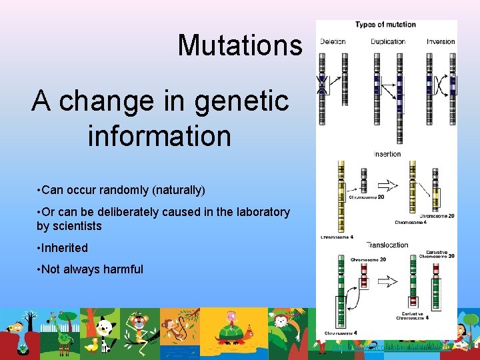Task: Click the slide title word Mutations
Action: click(239, 45)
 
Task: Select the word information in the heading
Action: click(159, 135)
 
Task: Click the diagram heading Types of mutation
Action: click(385, 25)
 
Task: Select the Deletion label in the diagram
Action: click(333, 41)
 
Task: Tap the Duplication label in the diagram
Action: click(388, 41)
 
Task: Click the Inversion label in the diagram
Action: click(441, 41)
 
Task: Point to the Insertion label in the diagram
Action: click(387, 154)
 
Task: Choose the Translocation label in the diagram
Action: click(387, 245)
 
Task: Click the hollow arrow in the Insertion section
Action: click(387, 186)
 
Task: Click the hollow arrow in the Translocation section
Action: click(387, 281)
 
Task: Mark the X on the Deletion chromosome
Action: click(323, 84)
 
